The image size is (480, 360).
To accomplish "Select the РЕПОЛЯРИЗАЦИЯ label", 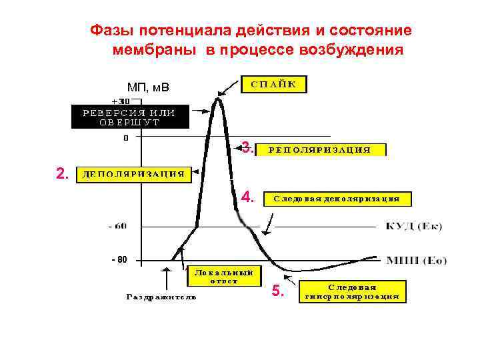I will (320, 150).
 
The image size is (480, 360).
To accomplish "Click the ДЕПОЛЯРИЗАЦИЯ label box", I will (133, 175).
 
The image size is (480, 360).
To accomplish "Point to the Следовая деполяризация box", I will (337, 199).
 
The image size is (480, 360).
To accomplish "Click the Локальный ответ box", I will (215, 276).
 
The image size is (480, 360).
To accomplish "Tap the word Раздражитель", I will (161, 297).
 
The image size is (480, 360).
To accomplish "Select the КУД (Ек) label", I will (414, 227).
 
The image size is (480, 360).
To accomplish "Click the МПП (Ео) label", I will (416, 259).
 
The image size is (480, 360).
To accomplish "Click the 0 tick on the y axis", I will (125, 139).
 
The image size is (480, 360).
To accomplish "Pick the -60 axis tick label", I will (117, 226).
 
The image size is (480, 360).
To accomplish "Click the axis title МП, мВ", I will (148, 87).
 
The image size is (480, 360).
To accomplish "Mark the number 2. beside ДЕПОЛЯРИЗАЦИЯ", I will (62, 174).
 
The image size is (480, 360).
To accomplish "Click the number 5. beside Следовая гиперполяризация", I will (278, 291).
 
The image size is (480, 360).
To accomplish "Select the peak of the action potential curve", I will (217, 99).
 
